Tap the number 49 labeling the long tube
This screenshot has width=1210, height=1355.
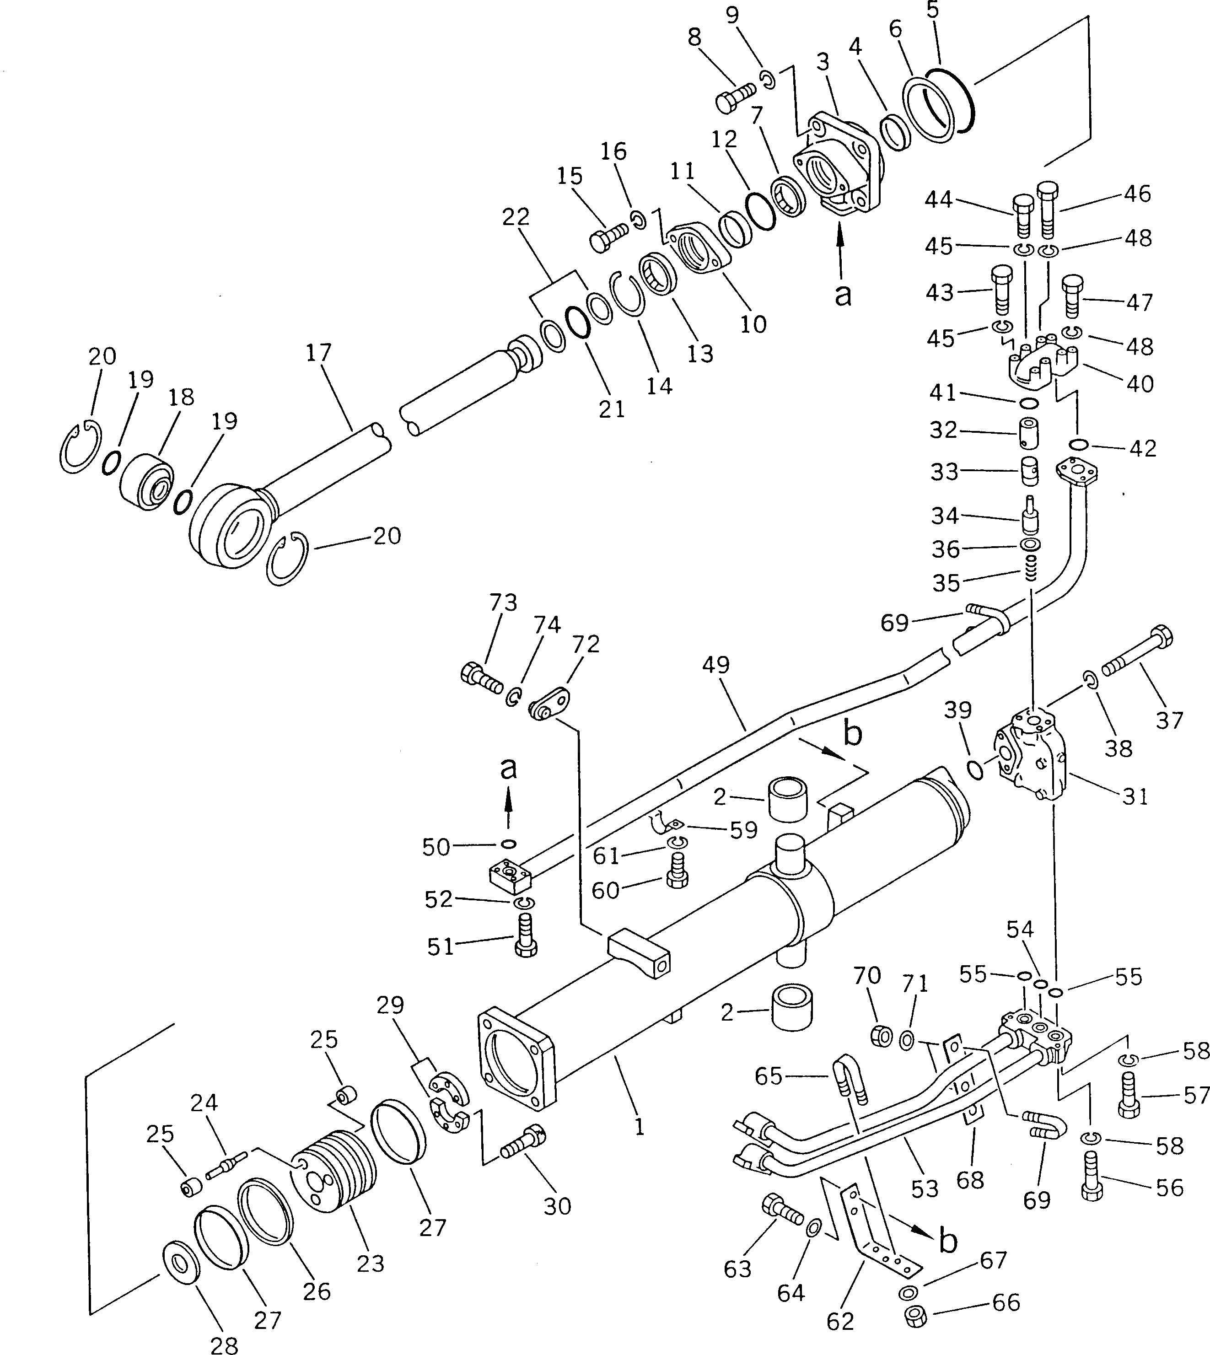pos(715,665)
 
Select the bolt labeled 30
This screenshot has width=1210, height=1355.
pos(523,1144)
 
